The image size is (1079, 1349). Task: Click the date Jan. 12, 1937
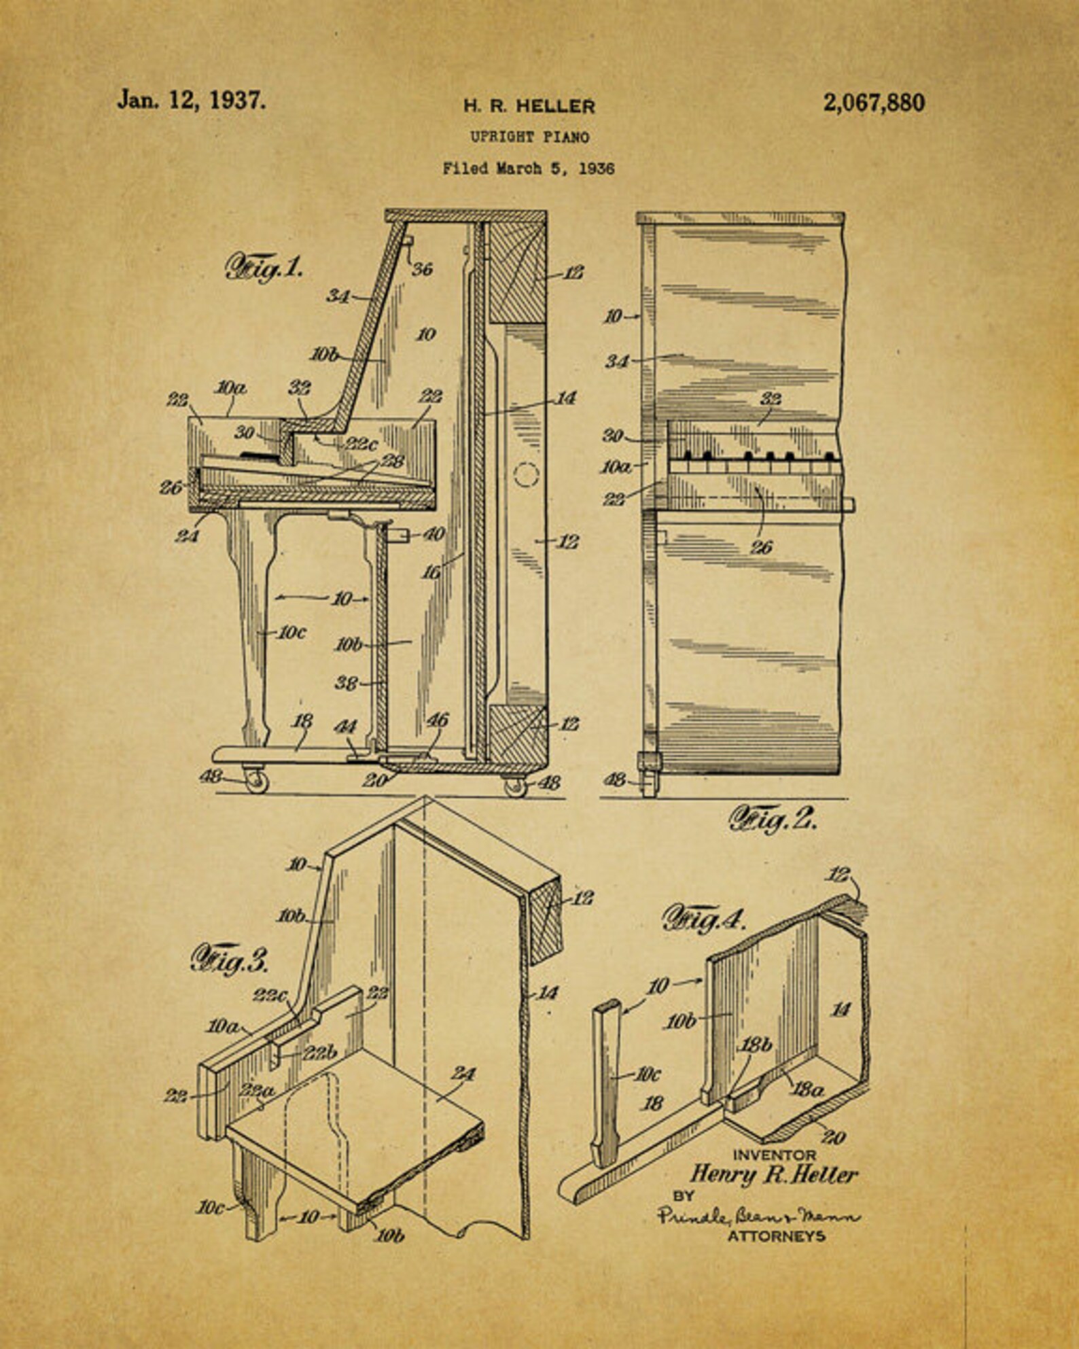pos(191,101)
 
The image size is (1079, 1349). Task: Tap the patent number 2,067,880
pos(874,103)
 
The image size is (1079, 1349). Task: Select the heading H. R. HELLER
pos(529,106)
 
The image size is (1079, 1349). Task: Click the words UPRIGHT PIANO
pos(530,137)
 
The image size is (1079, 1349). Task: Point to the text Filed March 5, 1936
pos(529,169)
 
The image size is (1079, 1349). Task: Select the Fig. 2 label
pos(773,820)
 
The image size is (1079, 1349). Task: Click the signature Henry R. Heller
pos(774,1174)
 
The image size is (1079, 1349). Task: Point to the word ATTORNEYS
pos(777,1235)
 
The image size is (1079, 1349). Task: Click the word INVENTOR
pos(774,1154)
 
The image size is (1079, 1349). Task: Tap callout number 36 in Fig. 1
pos(422,269)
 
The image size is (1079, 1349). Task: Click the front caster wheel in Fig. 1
pos(255,781)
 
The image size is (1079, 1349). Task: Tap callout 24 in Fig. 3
pos(463,1074)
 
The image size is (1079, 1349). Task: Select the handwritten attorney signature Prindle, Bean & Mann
pos(758,1215)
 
